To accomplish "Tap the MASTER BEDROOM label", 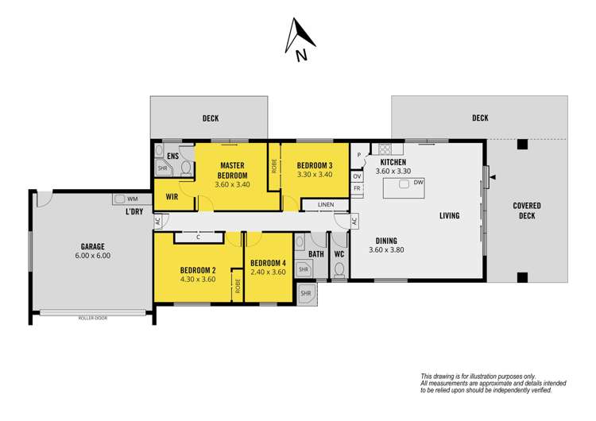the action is click(232, 170).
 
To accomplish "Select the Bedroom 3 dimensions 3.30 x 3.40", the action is click(315, 175).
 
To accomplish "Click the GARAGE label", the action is click(92, 246).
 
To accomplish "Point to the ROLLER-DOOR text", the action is click(93, 318).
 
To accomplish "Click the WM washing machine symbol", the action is click(120, 199).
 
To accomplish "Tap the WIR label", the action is click(172, 197).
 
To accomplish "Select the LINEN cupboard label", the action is click(326, 204).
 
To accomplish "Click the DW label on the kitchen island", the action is click(418, 183).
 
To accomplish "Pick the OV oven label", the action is click(357, 176).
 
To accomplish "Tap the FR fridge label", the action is click(357, 188).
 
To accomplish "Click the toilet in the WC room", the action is click(339, 270).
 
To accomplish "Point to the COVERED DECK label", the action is click(526, 210).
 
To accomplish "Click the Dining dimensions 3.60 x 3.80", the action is click(386, 250).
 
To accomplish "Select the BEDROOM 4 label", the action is click(268, 263).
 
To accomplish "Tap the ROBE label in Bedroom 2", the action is click(238, 286).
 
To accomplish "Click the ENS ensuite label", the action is click(172, 156).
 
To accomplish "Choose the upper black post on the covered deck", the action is click(522, 145).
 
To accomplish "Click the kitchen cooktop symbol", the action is click(385, 149).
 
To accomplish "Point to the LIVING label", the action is click(449, 216).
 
